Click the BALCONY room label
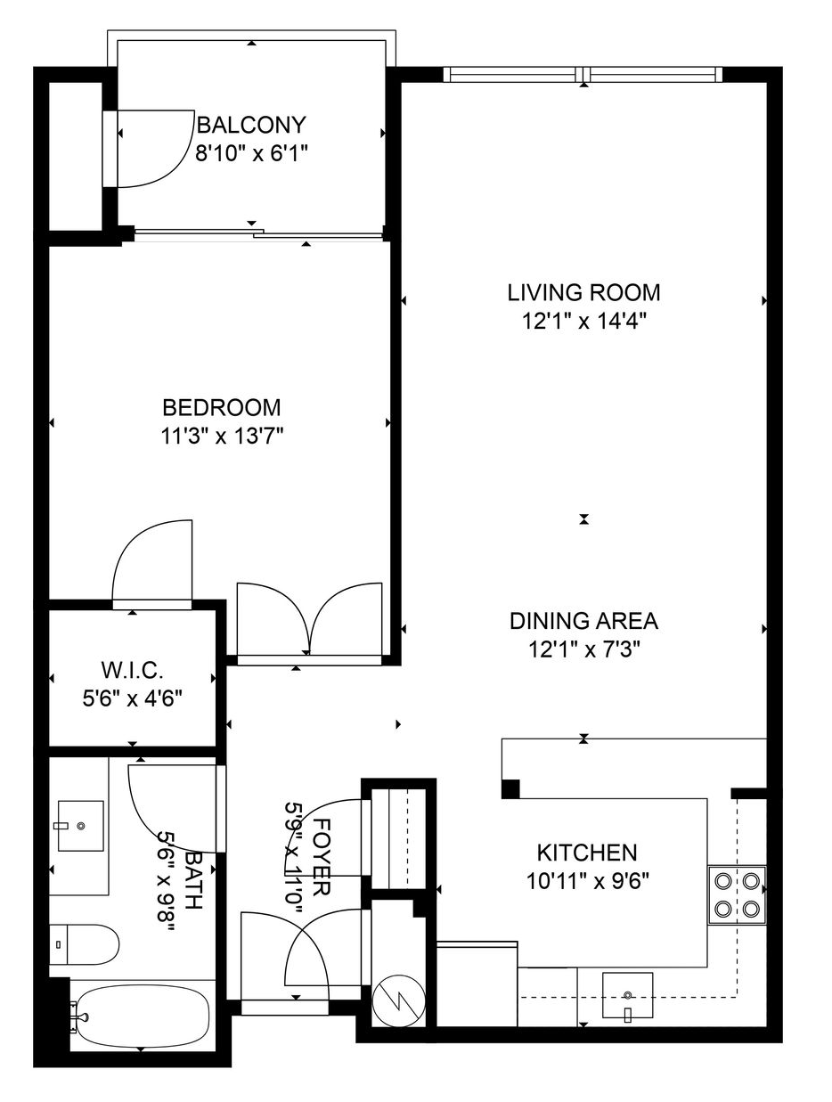coord(250,125)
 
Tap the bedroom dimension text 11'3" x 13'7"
coord(221,436)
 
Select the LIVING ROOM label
coord(583,292)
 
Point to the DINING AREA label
coord(583,621)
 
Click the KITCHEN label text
coord(587,853)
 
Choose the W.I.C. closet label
coord(133,670)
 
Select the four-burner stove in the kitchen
coord(737,895)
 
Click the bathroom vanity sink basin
coord(80,826)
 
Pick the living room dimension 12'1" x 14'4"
coord(583,321)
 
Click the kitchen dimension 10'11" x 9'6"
coord(587,881)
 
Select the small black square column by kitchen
coord(510,788)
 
